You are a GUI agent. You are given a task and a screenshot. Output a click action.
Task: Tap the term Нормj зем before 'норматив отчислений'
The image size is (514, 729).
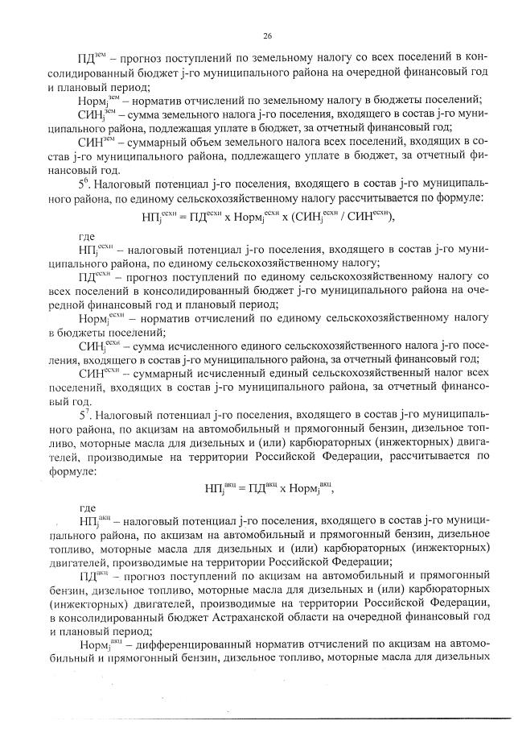coord(97,100)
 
